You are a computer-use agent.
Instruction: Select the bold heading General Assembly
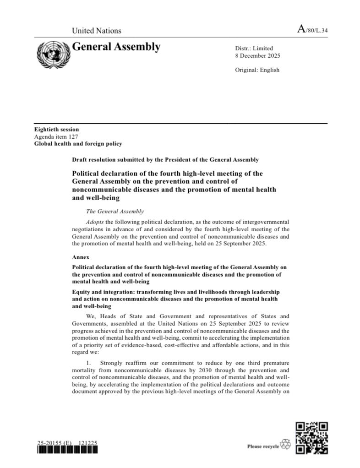pos(116,47)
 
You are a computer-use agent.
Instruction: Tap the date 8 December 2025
pos(257,56)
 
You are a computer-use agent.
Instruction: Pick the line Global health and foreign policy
pos(78,144)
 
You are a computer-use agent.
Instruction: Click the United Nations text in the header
pos(96,31)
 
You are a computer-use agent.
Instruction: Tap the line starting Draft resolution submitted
pos(165,160)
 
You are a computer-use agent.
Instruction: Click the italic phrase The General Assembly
pos(115,211)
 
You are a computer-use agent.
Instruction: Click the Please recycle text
pos(263,446)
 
